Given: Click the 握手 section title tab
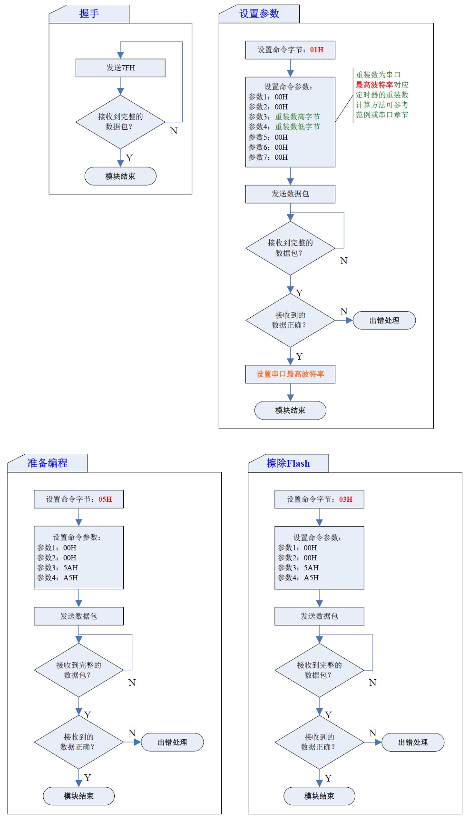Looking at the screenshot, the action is click(89, 14).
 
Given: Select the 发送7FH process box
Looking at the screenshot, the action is click(120, 68).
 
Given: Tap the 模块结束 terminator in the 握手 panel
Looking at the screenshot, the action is click(120, 176).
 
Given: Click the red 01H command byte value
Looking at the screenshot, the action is click(317, 50).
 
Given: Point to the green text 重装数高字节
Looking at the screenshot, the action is click(297, 117).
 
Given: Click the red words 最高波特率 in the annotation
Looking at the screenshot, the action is click(374, 85).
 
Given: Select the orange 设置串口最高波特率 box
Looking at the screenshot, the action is click(290, 374).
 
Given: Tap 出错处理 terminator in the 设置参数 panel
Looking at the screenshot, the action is click(384, 321).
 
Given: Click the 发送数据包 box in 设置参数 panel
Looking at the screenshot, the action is click(290, 194).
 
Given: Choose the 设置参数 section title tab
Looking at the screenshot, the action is click(259, 14).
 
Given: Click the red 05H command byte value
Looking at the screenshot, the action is click(105, 499).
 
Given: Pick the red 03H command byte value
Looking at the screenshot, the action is click(346, 499).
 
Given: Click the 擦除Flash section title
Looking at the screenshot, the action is click(288, 463).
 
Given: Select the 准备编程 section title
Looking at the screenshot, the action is click(48, 463).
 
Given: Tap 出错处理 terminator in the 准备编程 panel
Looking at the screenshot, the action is click(172, 742).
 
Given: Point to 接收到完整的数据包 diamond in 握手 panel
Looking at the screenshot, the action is click(120, 122).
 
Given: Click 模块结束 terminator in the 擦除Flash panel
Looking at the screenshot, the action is click(319, 796).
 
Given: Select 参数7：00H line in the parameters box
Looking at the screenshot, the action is click(268, 157).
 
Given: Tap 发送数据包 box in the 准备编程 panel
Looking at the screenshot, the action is click(78, 616).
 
